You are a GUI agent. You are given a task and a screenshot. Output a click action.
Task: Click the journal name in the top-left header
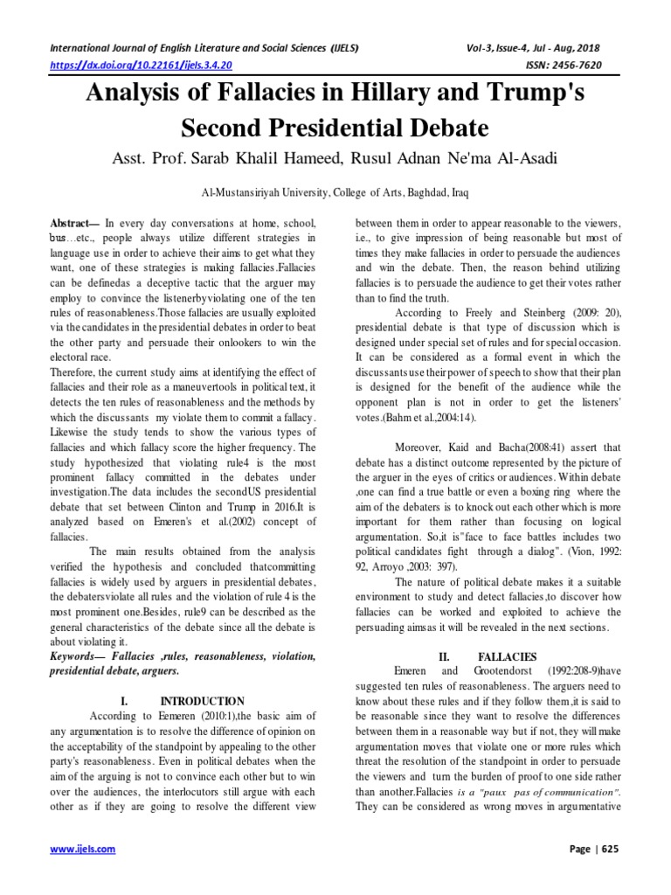coord(204,47)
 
